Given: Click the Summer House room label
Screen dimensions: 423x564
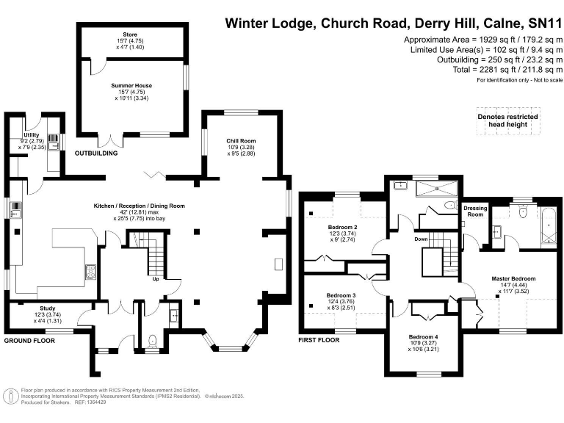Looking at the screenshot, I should [x=131, y=86].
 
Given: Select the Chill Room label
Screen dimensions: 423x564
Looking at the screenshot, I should [x=241, y=140].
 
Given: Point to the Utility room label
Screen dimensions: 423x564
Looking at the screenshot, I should [x=31, y=135].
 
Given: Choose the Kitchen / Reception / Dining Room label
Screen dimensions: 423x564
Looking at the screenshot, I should [x=139, y=206].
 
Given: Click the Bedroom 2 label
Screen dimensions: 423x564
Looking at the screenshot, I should [x=342, y=227].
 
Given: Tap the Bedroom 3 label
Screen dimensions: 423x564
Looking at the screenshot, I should [x=340, y=294].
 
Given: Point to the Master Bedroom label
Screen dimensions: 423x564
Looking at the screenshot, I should [x=513, y=279].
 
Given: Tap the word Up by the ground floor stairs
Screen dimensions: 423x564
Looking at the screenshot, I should [x=155, y=279].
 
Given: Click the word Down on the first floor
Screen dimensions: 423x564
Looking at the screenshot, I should [x=421, y=239].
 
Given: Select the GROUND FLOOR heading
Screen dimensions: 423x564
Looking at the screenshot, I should [x=30, y=341].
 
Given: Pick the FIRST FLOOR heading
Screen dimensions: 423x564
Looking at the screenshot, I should [x=318, y=340].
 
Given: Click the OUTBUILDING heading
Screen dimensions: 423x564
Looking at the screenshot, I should [x=96, y=153].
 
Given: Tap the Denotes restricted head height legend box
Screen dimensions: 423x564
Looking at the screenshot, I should [x=507, y=121].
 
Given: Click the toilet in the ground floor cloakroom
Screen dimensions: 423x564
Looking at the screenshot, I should [x=152, y=339].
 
